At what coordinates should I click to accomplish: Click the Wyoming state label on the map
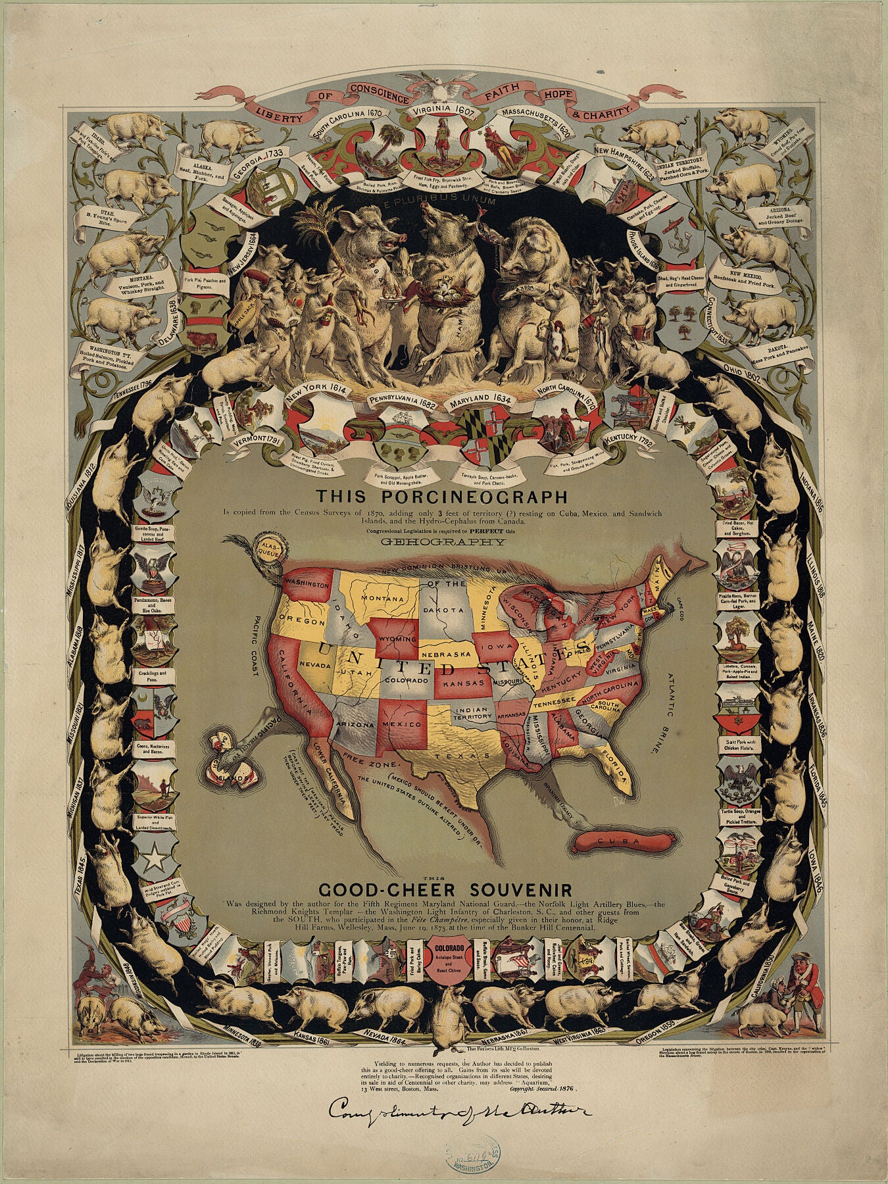[x=397, y=639]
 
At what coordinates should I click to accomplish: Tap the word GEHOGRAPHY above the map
[x=432, y=543]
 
